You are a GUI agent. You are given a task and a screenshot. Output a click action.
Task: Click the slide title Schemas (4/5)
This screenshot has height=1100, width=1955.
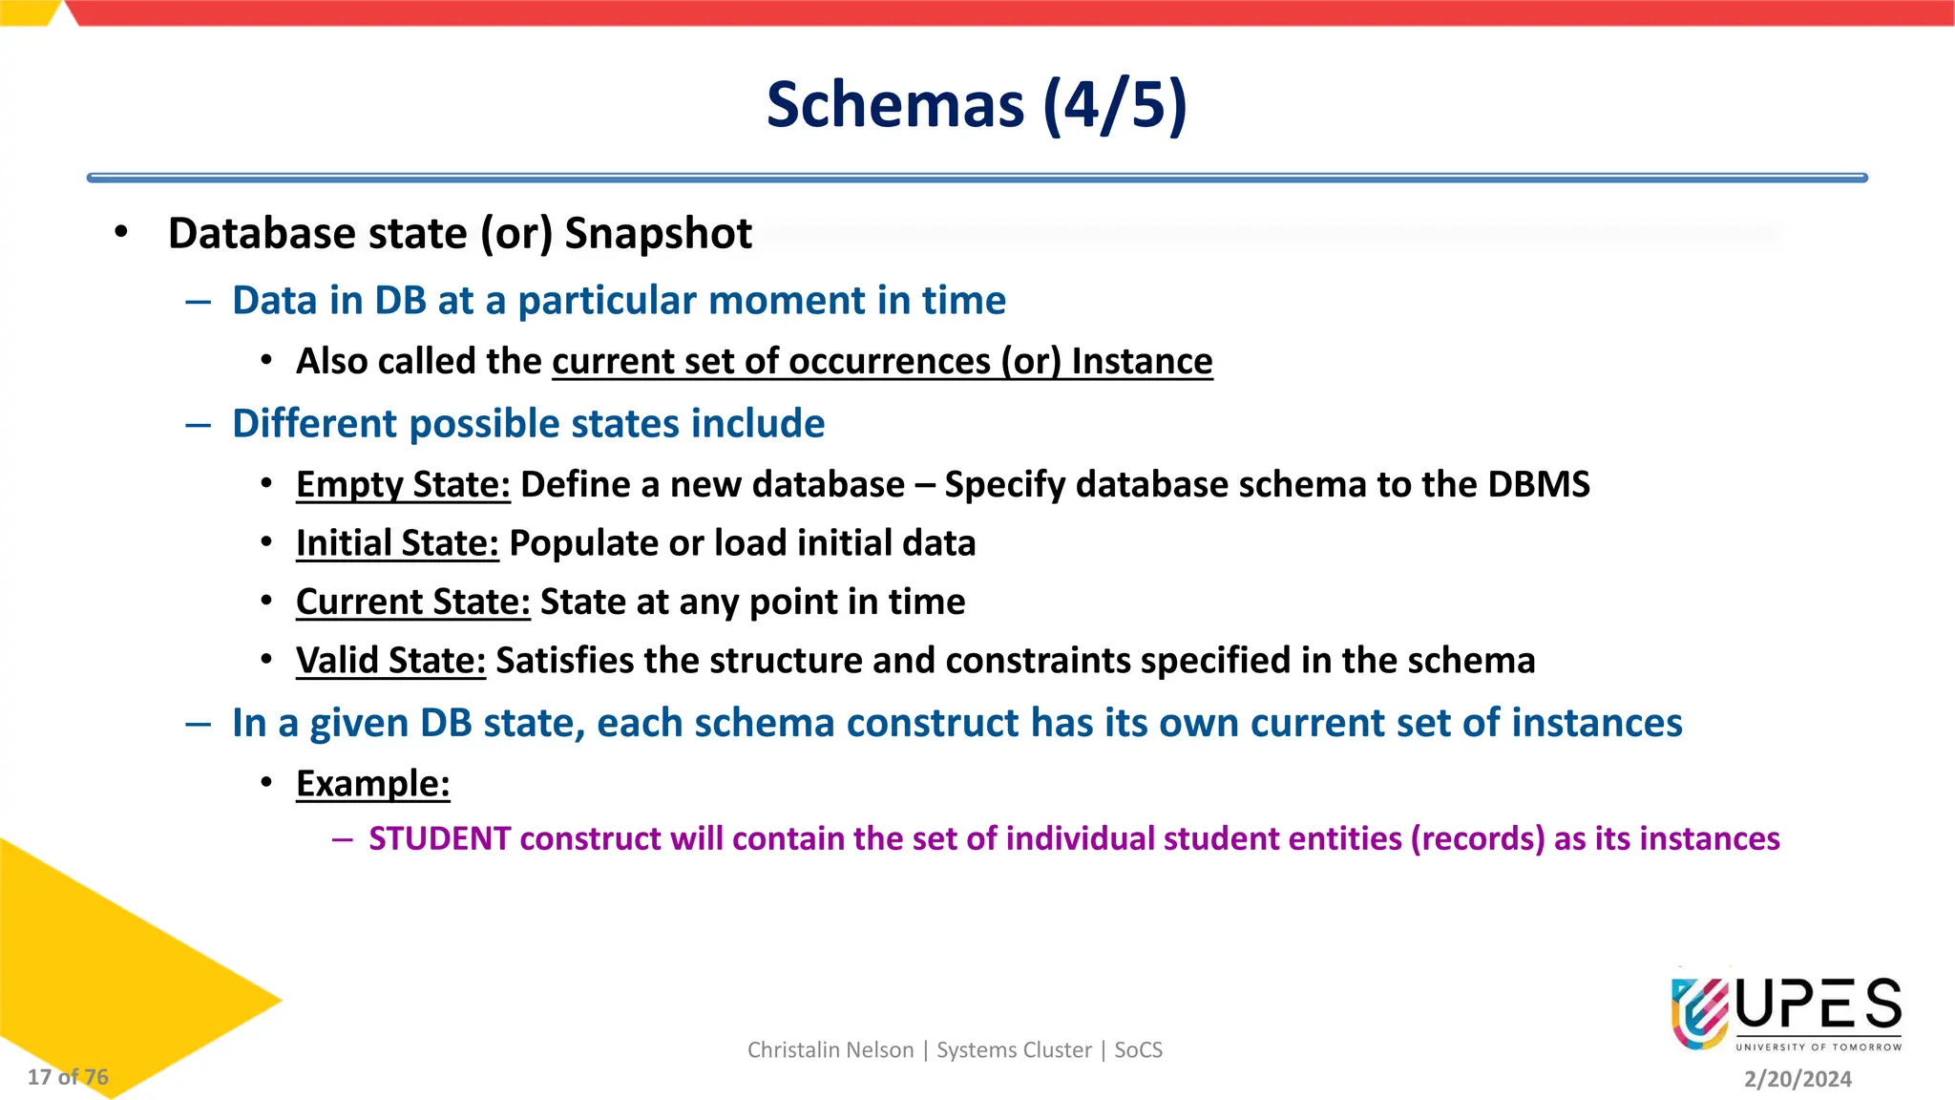tap(977, 104)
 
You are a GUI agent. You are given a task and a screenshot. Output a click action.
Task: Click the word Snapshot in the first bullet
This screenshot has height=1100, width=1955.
tap(658, 234)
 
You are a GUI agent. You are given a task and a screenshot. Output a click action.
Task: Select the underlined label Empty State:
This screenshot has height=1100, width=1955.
tap(403, 485)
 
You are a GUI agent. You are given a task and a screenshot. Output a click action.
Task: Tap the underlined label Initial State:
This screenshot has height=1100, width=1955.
tap(397, 543)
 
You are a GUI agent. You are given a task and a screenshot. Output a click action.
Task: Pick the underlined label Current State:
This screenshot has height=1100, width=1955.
tap(412, 603)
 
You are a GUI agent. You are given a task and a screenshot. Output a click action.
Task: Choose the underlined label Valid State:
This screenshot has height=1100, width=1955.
tap(390, 661)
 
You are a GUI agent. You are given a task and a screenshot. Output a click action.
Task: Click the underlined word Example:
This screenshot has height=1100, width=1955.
tap(372, 784)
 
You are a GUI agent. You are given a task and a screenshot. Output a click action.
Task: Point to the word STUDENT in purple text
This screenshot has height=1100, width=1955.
tap(439, 838)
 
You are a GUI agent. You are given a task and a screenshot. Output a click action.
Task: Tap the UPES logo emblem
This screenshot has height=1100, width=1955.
tap(1700, 1013)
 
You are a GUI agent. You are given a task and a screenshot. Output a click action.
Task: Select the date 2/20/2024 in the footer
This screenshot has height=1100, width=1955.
tap(1797, 1079)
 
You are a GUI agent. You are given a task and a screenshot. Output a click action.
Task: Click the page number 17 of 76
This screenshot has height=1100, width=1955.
tap(68, 1077)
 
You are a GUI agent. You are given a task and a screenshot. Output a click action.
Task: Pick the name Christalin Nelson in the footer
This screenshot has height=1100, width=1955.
tap(830, 1050)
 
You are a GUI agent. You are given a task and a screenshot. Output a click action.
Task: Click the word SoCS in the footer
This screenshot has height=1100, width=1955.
tap(1138, 1050)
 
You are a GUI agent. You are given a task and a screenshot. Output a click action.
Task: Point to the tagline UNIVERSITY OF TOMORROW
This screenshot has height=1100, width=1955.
tap(1818, 1047)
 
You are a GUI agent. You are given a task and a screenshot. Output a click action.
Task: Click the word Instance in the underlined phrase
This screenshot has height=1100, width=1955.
tap(1142, 362)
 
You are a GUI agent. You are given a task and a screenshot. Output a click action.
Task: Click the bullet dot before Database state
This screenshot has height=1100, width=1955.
tap(120, 232)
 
